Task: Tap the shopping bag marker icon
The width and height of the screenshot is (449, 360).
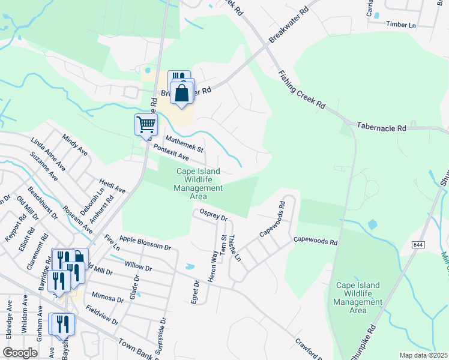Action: [182, 94]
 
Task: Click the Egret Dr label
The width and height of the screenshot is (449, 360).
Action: [195, 292]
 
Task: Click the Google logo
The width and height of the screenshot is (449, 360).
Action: [20, 353]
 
